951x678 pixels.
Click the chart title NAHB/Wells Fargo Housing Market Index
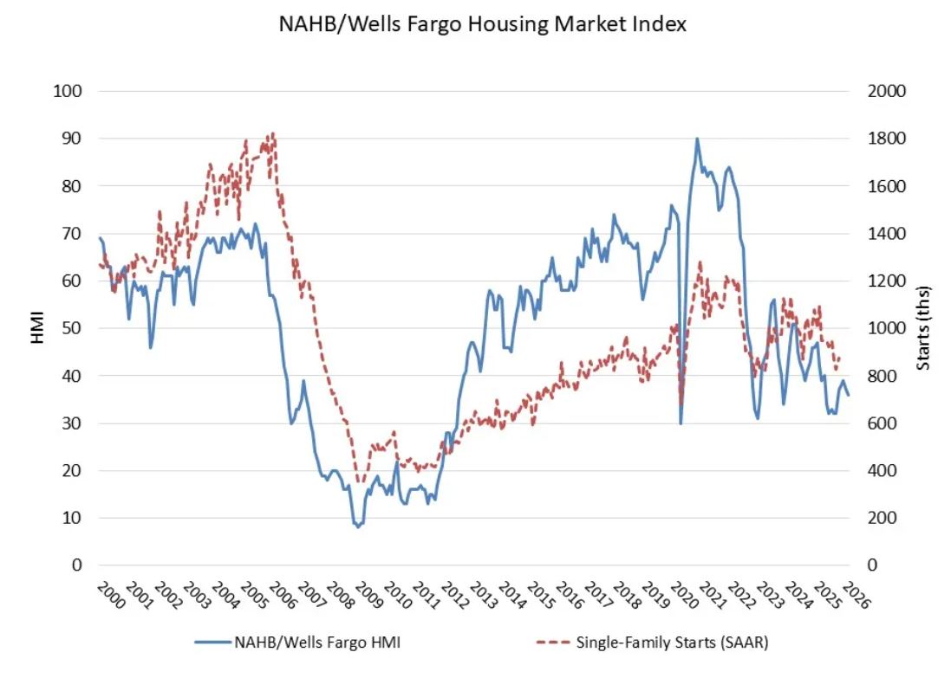point(482,24)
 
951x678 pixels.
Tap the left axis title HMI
point(38,328)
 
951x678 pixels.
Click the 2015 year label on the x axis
point(541,596)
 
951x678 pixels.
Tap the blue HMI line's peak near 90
point(697,139)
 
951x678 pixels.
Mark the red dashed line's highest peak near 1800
point(273,134)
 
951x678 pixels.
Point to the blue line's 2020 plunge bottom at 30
point(681,423)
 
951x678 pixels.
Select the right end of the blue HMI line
point(849,395)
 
